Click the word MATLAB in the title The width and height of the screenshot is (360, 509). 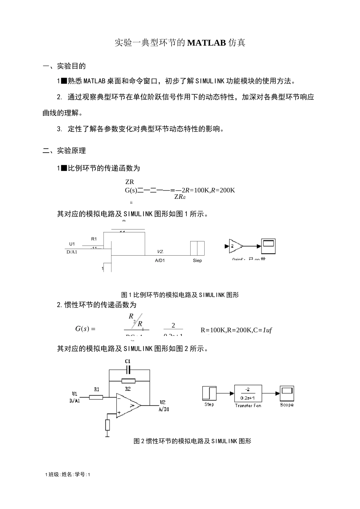tap(207, 43)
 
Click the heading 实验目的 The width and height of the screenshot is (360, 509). tap(71, 66)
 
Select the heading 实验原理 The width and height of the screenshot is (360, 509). tap(71, 151)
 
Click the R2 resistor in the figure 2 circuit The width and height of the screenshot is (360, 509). tap(128, 381)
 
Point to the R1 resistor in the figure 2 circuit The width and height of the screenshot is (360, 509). tap(96, 397)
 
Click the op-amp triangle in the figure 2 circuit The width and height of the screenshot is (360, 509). tap(128, 406)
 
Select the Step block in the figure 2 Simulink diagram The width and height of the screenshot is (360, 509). tap(209, 393)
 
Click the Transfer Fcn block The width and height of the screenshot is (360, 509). tap(248, 394)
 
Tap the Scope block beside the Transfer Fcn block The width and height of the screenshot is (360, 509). tap(287, 393)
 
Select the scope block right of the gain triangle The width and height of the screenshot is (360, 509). tap(268, 246)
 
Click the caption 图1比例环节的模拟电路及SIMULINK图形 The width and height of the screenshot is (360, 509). tap(180, 295)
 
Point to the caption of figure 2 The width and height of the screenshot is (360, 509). tap(193, 441)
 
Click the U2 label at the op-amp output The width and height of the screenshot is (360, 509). tap(163, 402)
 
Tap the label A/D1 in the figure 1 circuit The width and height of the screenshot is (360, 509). tap(160, 261)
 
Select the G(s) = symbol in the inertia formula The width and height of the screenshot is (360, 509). tap(85, 329)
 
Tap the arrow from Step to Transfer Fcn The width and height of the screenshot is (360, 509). tap(225, 393)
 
